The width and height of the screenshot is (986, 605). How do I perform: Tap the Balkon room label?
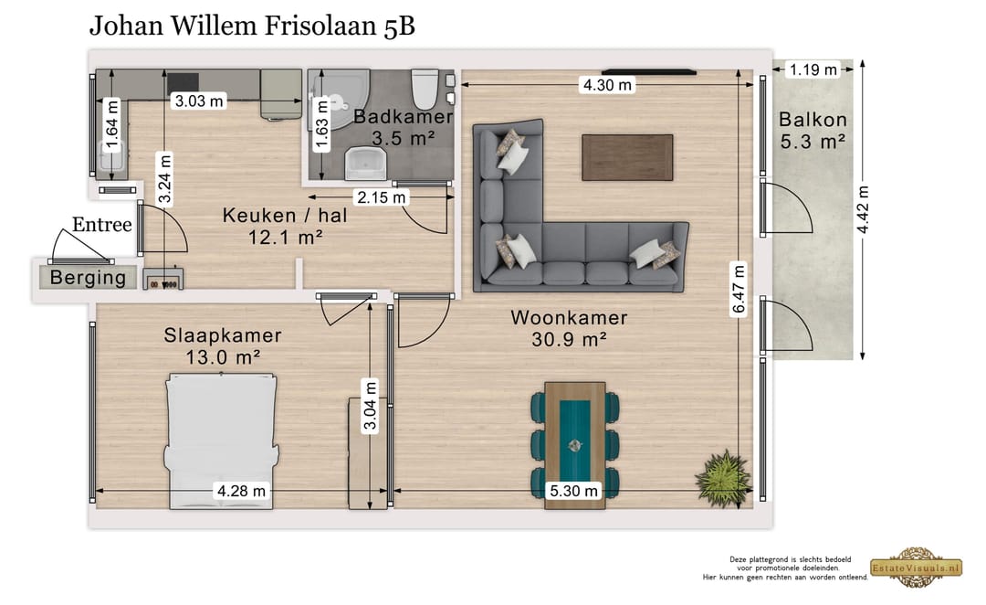pos(813,130)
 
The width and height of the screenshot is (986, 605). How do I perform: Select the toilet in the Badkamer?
pos(424,89)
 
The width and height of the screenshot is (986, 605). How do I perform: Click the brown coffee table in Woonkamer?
pos(627,156)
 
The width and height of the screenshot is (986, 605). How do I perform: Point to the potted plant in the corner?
pos(723,474)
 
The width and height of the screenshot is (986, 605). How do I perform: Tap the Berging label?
pos(88,278)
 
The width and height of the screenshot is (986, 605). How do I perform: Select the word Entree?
pos(102,225)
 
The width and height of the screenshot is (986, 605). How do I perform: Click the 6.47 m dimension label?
pos(738,288)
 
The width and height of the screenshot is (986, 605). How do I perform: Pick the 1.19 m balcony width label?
pos(813,69)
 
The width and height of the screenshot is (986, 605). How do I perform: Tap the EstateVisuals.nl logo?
pos(916,567)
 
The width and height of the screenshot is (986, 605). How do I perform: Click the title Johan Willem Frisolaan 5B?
pos(252,26)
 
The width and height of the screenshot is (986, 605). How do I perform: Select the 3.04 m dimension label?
pos(369,407)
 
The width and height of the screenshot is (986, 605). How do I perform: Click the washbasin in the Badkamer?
pos(366,165)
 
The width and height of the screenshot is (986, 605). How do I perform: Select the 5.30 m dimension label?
pos(574,492)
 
